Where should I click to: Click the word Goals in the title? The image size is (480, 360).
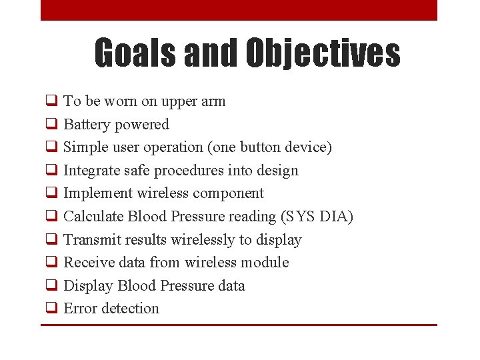(x=135, y=53)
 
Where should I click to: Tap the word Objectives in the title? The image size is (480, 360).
(x=323, y=53)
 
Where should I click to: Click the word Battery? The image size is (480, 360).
(x=87, y=125)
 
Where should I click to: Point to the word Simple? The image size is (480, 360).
(x=85, y=147)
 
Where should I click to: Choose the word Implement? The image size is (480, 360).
(x=97, y=193)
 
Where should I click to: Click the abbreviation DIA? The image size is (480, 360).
(x=334, y=217)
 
